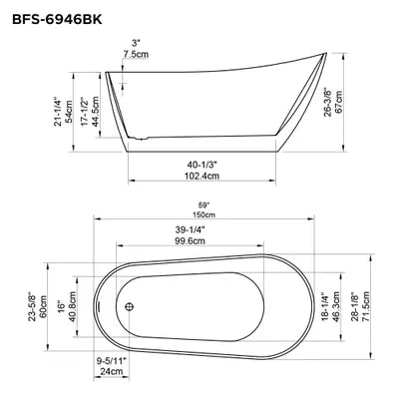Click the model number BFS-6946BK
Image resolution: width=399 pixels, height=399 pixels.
click(57, 20)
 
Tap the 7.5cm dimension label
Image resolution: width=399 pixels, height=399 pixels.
click(136, 55)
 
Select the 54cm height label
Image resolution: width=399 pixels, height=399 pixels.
click(70, 112)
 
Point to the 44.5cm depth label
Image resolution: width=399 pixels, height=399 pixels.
click(95, 112)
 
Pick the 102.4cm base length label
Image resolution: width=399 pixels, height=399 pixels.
click(201, 175)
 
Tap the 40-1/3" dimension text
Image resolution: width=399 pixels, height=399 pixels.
click(201, 164)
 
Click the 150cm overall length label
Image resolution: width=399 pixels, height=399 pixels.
click(203, 214)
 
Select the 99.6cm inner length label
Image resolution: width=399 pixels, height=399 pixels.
click(190, 240)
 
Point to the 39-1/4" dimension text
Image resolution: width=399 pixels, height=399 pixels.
click(190, 229)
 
